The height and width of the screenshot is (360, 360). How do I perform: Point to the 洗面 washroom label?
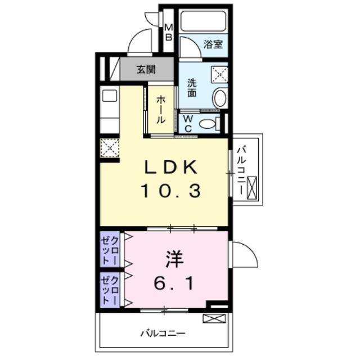192,88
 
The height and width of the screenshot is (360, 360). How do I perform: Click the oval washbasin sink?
220,98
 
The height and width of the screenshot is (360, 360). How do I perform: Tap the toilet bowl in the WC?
209,124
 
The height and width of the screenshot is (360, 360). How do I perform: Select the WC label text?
188,123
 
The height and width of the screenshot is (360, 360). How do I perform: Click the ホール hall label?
160,109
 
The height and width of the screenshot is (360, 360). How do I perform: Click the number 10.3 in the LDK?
170,192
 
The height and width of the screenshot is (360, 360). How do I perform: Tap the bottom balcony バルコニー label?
163,333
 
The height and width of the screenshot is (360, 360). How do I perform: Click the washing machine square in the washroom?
219,74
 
